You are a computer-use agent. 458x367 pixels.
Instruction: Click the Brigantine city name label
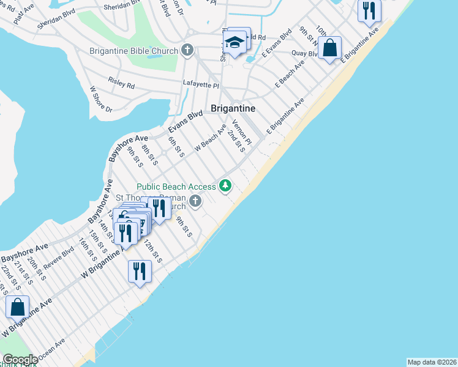(233, 108)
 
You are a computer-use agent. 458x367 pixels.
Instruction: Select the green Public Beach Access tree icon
(226, 185)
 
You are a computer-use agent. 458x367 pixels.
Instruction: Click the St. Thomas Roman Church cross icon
(195, 201)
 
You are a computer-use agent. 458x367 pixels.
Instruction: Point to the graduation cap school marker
(234, 43)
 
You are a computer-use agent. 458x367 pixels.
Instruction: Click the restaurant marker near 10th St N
(369, 10)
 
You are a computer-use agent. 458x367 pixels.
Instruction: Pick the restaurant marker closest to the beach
(140, 271)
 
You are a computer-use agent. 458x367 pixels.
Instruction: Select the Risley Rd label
(121, 83)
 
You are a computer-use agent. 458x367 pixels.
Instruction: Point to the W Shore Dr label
(101, 100)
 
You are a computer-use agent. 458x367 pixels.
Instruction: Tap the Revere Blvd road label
(59, 261)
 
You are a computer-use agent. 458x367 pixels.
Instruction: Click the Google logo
(20, 360)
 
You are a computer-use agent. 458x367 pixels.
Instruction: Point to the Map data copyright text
(432, 361)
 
